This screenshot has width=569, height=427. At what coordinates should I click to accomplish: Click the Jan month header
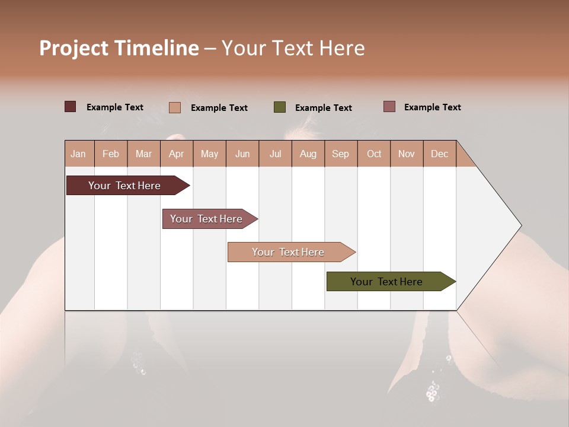point(79,154)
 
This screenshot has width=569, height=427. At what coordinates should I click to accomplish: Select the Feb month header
point(111,154)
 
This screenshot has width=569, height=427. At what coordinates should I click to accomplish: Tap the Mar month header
point(143,154)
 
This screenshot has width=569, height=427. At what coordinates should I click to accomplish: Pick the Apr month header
point(177,154)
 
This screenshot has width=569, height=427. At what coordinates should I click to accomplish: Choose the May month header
point(209,154)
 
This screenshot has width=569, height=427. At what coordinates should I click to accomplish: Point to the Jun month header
point(242,154)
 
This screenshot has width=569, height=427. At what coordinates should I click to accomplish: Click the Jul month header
point(275,154)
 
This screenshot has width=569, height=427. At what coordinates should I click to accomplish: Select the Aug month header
point(308,154)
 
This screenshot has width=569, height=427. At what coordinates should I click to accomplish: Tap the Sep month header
point(341,154)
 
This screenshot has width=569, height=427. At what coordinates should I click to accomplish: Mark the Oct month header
point(374,154)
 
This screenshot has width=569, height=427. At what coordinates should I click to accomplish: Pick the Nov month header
point(407,154)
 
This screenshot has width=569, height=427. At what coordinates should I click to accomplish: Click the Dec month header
point(440,154)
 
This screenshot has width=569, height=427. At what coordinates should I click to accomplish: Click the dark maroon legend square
point(71,107)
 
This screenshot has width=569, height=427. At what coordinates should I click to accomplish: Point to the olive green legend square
point(280,107)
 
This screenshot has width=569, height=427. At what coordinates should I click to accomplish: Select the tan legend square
point(175,107)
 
